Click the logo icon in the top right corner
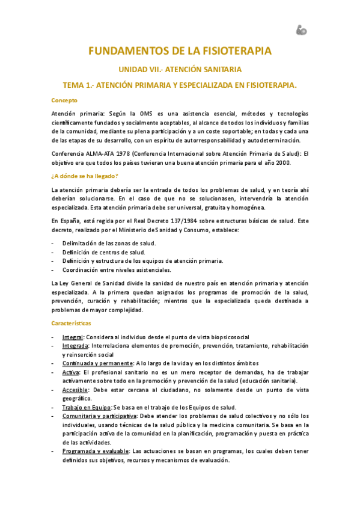(x=301, y=29)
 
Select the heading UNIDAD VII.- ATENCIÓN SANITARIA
(x=180, y=69)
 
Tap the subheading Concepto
(x=64, y=100)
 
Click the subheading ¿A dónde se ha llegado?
(x=85, y=176)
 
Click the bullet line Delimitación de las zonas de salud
(x=109, y=242)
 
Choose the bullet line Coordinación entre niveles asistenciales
(x=116, y=269)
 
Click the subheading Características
(x=71, y=324)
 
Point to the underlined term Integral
(x=73, y=337)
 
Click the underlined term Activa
(x=71, y=372)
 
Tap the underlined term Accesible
(x=75, y=390)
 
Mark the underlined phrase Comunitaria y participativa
(x=99, y=416)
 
